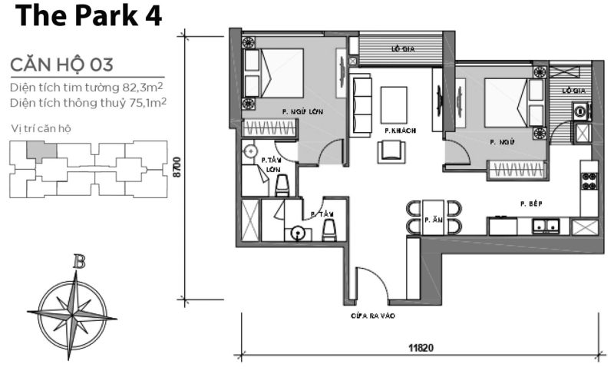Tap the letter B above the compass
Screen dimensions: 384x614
tap(78, 262)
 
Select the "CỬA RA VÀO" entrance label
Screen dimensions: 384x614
tap(373, 315)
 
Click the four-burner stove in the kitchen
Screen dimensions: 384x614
tap(589, 182)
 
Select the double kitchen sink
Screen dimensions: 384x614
tap(546, 226)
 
